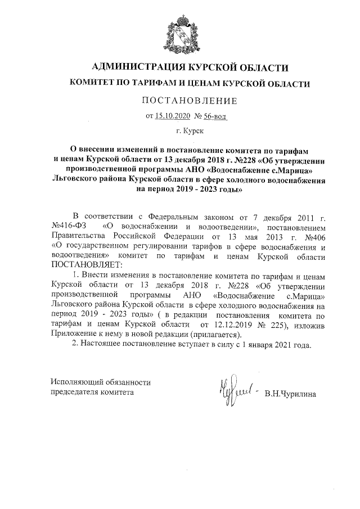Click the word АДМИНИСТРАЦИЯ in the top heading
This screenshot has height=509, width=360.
(x=139, y=67)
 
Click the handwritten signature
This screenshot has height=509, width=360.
(x=233, y=388)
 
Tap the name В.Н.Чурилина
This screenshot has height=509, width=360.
(x=290, y=393)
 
